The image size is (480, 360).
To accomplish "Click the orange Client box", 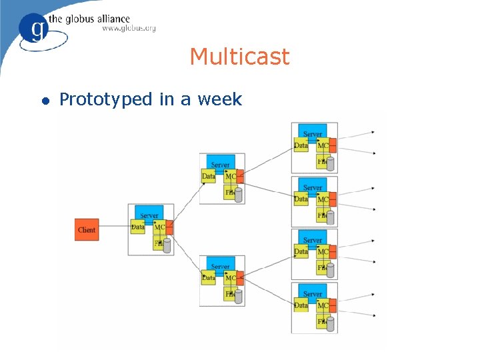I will pyautogui.click(x=87, y=229).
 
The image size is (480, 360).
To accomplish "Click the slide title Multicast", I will pyautogui.click(x=239, y=57).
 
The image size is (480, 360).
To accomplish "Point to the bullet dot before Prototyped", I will pyautogui.click(x=45, y=101).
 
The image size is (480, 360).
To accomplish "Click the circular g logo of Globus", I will pyautogui.click(x=35, y=28).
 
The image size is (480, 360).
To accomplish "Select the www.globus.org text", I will pyautogui.click(x=129, y=29).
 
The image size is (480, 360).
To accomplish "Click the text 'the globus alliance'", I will pyautogui.click(x=97, y=19).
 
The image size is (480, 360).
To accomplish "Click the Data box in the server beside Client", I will pyautogui.click(x=138, y=227).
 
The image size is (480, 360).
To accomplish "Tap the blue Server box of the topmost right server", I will pyautogui.click(x=313, y=132).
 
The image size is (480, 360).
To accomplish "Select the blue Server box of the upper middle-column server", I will pyautogui.click(x=220, y=163).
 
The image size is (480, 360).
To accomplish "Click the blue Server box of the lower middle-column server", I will pyautogui.click(x=220, y=265).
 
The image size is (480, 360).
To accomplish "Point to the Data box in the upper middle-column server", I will pyautogui.click(x=209, y=177).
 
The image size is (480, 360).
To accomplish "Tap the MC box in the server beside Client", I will pyautogui.click(x=159, y=228).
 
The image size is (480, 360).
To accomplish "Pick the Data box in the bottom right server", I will pyautogui.click(x=301, y=305).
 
